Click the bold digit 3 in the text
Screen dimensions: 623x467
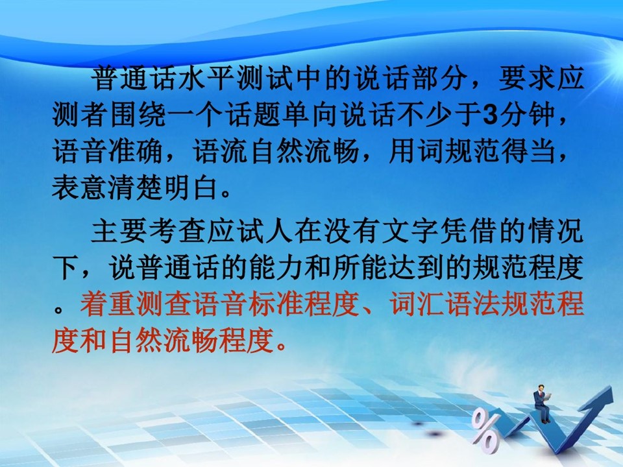(x=491, y=114)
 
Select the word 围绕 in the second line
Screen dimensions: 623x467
(x=138, y=114)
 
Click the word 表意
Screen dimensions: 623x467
(x=79, y=187)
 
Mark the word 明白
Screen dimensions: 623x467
(x=191, y=187)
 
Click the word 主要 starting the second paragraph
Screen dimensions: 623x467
(x=119, y=231)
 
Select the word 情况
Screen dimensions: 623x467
(x=556, y=231)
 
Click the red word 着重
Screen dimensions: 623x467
(x=107, y=304)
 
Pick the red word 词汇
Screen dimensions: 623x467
(x=417, y=304)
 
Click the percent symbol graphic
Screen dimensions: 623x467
(x=485, y=431)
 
